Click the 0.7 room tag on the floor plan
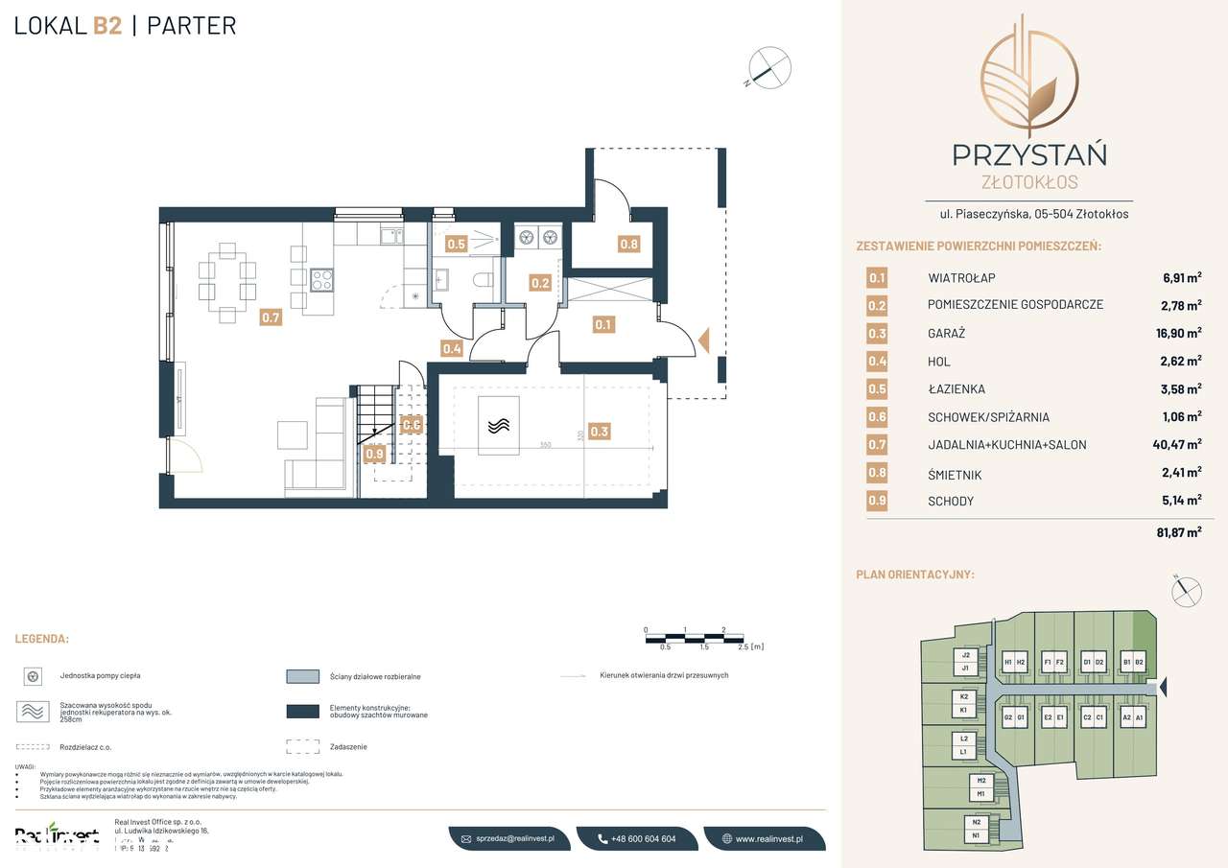point(272,317)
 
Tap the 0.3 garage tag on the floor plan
point(600,432)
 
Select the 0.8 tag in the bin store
point(628,244)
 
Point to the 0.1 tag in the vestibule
point(602,325)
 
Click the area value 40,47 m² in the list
point(1176,445)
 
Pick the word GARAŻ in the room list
point(946,334)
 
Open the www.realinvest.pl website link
point(767,838)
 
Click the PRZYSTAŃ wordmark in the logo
point(1028,153)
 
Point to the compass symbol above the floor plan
point(770,68)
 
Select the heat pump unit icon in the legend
point(33,676)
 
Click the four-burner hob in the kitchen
point(321,280)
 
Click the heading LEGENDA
point(41,639)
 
